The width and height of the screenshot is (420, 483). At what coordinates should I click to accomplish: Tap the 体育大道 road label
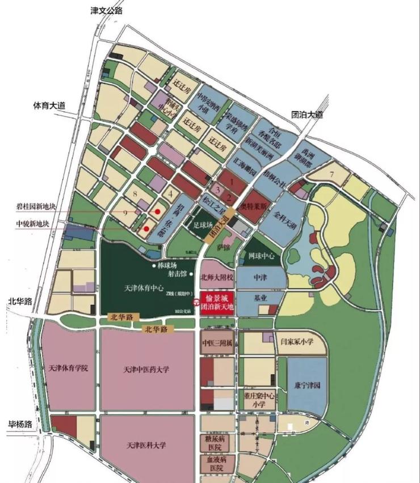[49, 106]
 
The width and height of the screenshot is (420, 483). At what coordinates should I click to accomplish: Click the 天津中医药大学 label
[146, 370]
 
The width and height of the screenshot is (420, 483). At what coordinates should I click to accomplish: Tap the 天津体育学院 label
[69, 368]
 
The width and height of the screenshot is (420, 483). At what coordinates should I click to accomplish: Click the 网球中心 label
[262, 256]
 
